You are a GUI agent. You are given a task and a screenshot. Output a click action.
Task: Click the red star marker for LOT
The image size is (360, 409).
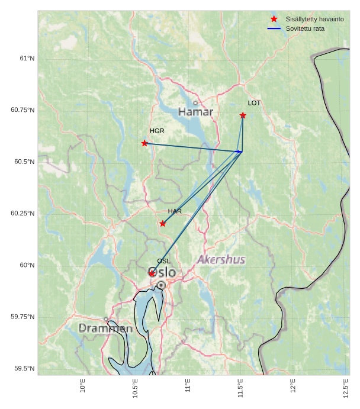click(x=243, y=115)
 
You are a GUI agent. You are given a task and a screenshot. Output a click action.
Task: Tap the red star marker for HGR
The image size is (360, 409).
click(x=144, y=143)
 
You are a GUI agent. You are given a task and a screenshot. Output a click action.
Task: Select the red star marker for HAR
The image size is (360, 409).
click(x=163, y=223)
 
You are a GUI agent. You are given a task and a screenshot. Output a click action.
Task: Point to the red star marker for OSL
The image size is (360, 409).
click(x=152, y=273)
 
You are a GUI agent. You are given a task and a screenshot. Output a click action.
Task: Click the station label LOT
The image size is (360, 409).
click(x=254, y=103)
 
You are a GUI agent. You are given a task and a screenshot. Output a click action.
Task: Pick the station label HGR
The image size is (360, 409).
click(x=157, y=131)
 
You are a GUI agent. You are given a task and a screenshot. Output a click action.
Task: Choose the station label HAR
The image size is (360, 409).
click(x=175, y=211)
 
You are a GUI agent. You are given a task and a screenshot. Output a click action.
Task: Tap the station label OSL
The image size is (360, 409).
click(x=163, y=261)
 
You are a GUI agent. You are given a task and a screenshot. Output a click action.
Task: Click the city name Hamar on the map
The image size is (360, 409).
click(x=195, y=112)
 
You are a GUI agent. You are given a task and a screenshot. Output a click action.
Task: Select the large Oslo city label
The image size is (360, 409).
click(x=162, y=273)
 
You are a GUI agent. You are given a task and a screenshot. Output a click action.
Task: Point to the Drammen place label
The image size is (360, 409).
click(x=105, y=329)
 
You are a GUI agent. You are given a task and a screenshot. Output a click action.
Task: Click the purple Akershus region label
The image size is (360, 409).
click(x=221, y=260)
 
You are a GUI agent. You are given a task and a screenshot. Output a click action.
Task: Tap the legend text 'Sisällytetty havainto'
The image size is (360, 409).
click(x=314, y=19)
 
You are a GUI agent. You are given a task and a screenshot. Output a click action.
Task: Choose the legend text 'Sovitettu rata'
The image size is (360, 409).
click(x=305, y=28)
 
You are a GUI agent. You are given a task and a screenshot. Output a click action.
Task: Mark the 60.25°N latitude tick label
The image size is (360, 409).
click(x=22, y=213)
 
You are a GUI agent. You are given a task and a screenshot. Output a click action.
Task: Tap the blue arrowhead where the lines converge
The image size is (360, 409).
click(x=240, y=152)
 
